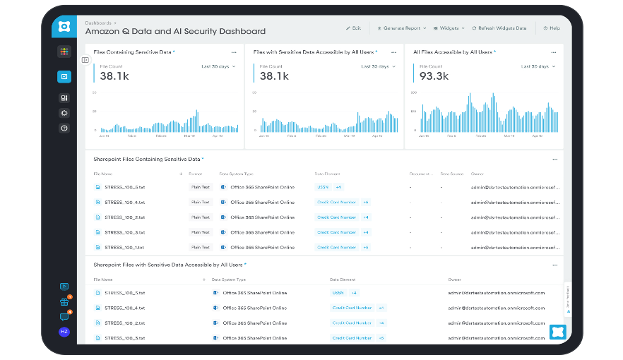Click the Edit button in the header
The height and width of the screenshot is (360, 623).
click(x=353, y=28)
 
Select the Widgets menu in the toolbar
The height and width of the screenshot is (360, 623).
click(x=449, y=28)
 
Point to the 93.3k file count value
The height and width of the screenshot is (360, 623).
click(x=434, y=76)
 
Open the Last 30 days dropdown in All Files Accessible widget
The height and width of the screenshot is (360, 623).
click(x=536, y=66)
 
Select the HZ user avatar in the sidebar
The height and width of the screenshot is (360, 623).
click(x=64, y=331)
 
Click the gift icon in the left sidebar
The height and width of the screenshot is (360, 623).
click(x=64, y=302)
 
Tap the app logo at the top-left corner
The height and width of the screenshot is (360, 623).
click(x=64, y=27)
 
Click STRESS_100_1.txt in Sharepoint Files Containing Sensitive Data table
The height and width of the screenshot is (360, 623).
click(x=124, y=248)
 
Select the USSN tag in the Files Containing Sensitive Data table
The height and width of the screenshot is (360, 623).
click(x=323, y=187)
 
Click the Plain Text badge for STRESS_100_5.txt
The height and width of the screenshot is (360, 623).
click(x=201, y=187)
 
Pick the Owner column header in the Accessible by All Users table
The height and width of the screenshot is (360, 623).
click(x=454, y=280)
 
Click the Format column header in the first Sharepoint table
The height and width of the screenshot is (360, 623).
click(x=196, y=174)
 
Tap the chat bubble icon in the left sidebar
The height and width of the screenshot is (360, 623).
click(x=64, y=317)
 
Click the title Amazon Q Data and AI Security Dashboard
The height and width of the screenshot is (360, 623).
click(x=175, y=32)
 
